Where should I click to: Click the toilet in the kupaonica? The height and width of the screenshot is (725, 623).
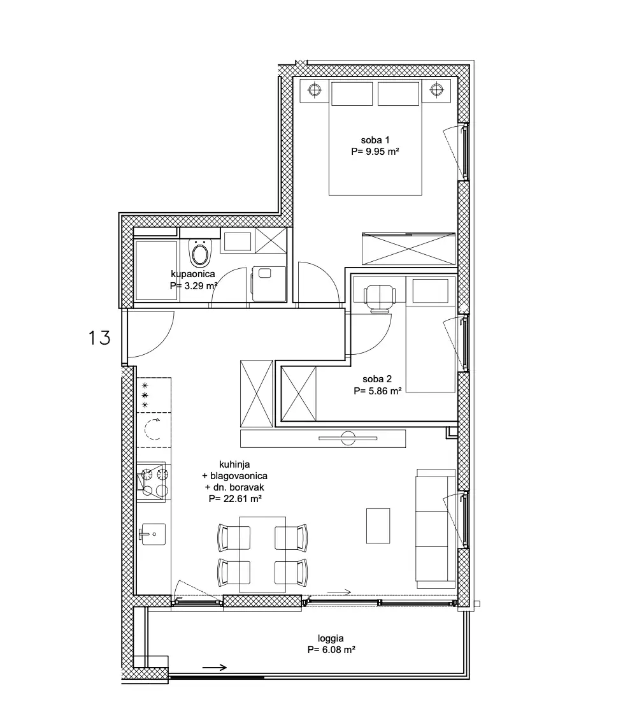click(199, 252)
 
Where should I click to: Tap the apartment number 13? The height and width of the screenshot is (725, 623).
click(99, 338)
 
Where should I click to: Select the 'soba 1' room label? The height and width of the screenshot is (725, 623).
click(375, 140)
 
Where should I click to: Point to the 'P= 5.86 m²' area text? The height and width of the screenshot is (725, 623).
click(378, 391)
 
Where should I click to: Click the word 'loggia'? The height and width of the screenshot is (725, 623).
click(331, 639)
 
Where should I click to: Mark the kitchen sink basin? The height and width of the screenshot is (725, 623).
click(152, 534)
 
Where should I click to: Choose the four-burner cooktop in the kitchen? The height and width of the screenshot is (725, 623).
click(152, 482)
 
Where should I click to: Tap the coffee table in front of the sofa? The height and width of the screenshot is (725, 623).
click(378, 526)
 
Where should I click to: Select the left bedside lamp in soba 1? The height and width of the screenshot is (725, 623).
click(314, 89)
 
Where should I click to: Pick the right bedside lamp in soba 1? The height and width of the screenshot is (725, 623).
click(437, 89)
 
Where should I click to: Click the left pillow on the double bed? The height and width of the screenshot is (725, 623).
click(352, 94)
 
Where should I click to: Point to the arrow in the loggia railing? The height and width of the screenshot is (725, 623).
click(215, 667)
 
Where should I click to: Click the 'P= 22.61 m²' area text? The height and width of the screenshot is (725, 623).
click(235, 499)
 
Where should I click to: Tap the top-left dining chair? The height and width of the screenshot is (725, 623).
click(234, 538)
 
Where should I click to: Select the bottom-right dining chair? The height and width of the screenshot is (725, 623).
click(291, 572)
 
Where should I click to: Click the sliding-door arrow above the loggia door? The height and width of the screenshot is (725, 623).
click(340, 592)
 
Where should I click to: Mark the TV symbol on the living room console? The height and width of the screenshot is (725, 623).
click(348, 438)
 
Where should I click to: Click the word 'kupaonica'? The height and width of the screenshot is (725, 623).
click(193, 274)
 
